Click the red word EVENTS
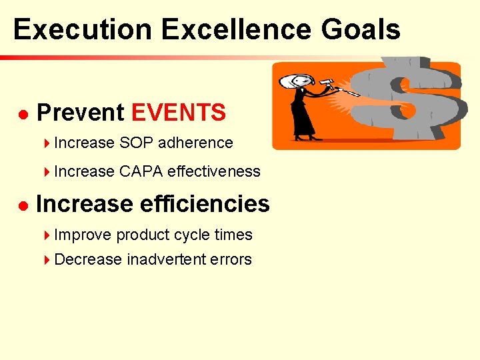click(179, 113)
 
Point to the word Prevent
click(81, 113)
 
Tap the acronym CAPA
click(141, 171)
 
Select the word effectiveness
click(214, 171)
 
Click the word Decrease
click(88, 259)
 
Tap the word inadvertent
click(166, 259)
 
